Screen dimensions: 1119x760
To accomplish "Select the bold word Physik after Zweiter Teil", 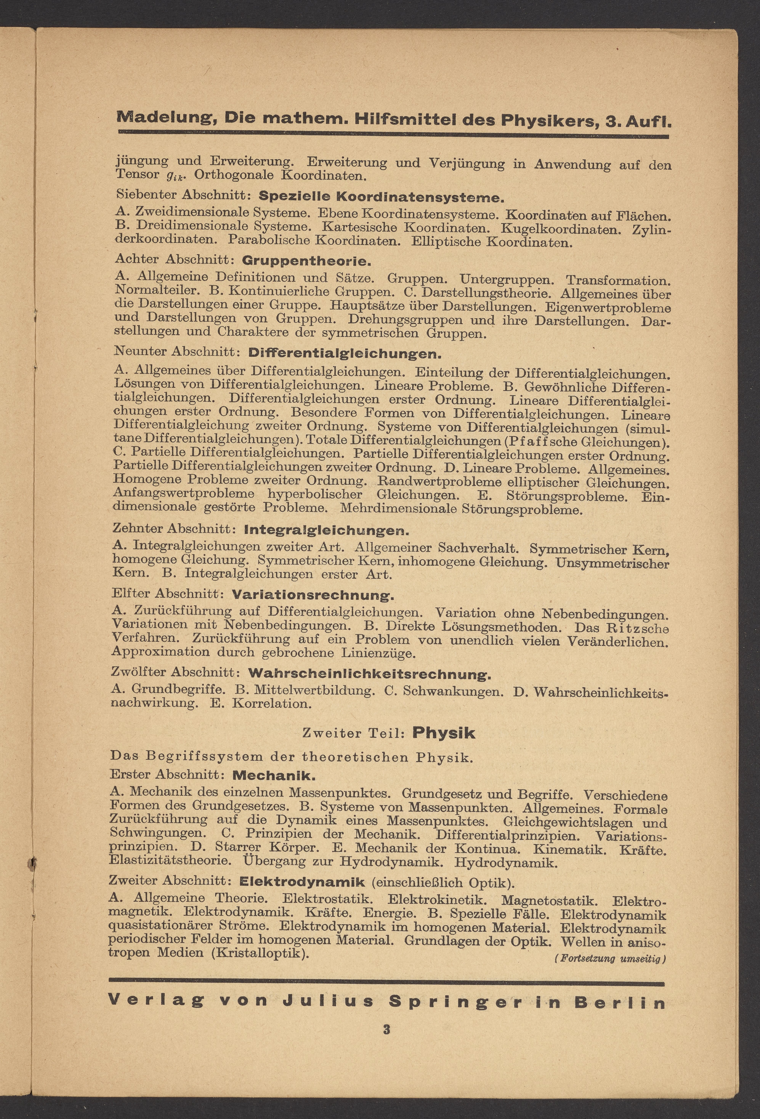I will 443,733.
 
